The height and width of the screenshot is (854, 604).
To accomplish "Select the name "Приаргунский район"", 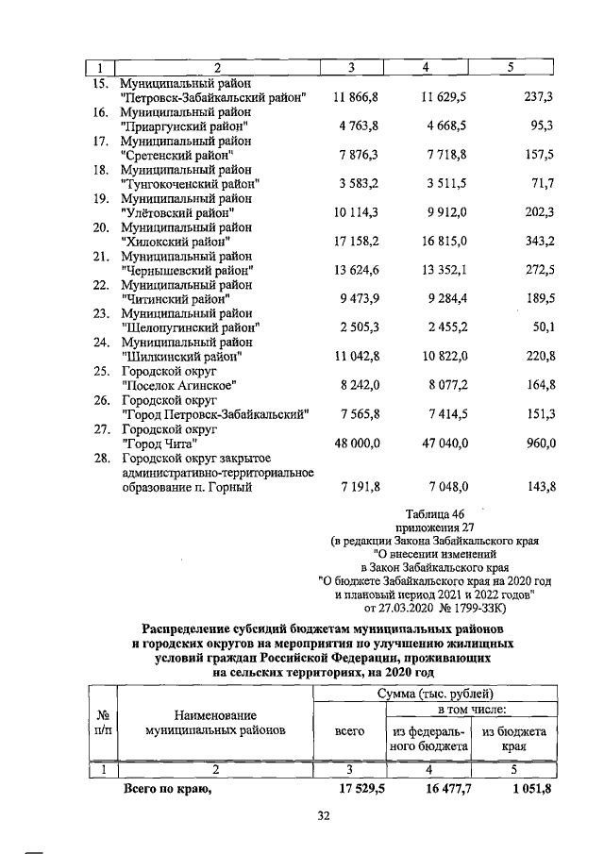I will [x=185, y=126].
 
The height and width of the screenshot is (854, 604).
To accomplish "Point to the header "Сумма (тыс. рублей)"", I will [x=434, y=694].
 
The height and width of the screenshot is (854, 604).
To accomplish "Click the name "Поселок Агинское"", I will [x=178, y=385].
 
